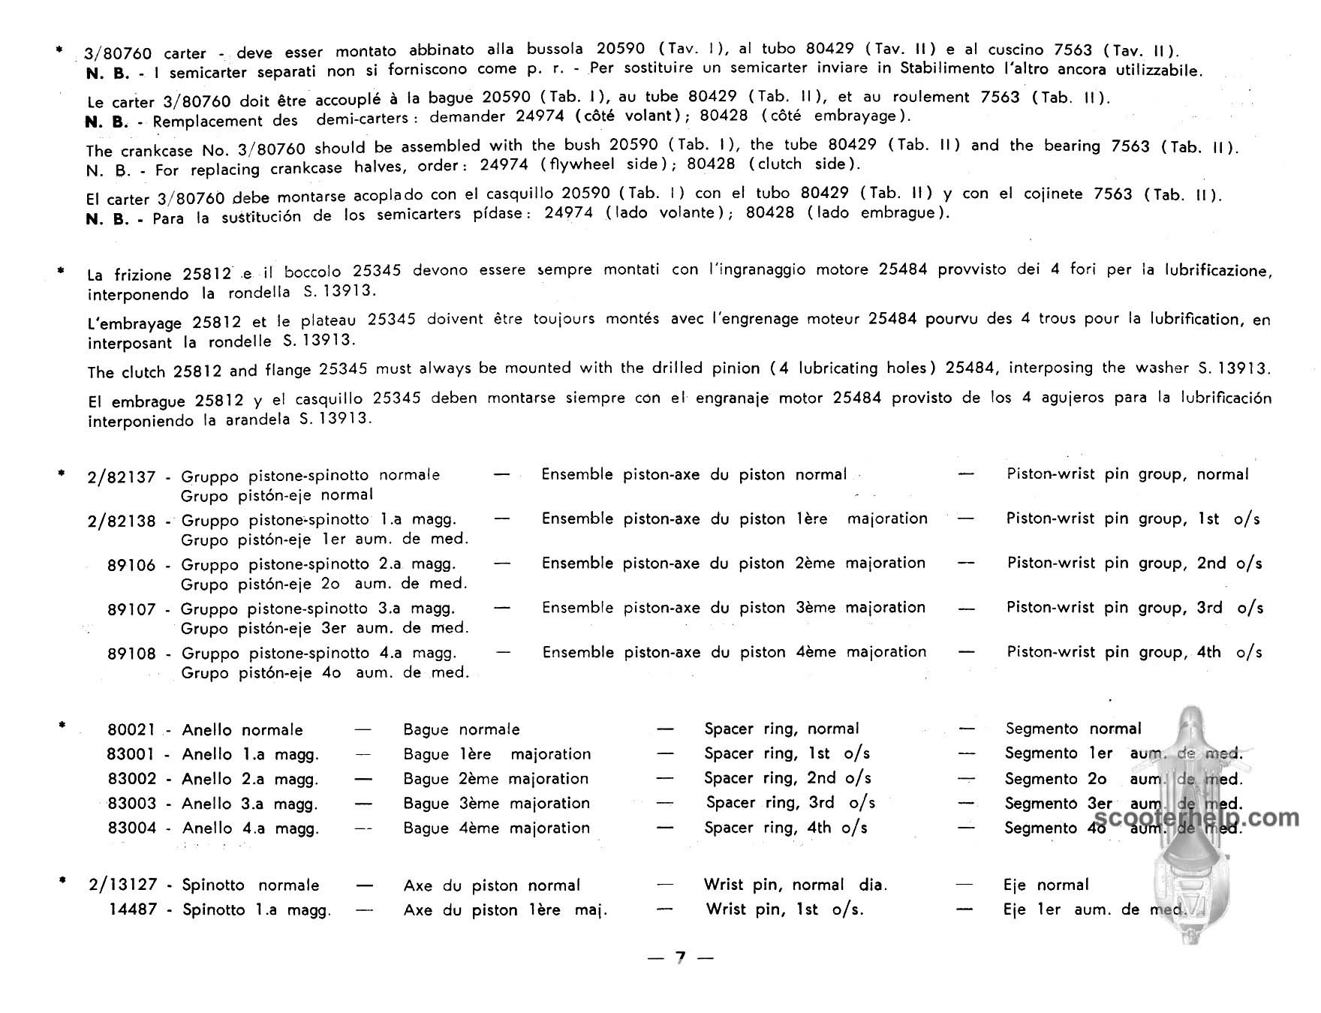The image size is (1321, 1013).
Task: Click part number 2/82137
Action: (x=122, y=476)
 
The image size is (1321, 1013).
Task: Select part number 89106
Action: (x=131, y=565)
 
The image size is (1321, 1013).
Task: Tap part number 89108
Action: (x=131, y=654)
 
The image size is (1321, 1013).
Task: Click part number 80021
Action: (x=131, y=729)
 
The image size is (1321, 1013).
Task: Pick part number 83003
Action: (x=131, y=804)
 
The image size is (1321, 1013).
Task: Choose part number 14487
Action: (x=133, y=910)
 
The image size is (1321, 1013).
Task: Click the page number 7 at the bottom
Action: (x=680, y=957)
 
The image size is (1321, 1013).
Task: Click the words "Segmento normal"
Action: (x=1073, y=729)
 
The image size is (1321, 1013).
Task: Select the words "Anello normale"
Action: (x=242, y=729)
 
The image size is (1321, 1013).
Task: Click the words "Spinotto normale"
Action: (x=251, y=885)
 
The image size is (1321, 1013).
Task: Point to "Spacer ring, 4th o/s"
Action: (x=786, y=828)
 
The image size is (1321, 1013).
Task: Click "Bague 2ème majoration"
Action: (x=496, y=779)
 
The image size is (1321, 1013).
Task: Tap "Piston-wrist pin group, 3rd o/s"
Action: (x=1134, y=608)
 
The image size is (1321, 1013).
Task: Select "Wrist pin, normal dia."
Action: (x=795, y=885)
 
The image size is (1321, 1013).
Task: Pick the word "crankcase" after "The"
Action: (x=154, y=150)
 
